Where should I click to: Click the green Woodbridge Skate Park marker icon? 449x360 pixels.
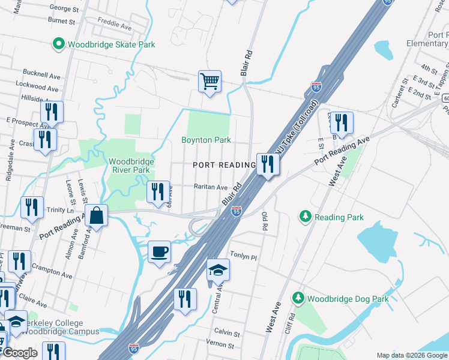pyautogui.click(x=59, y=44)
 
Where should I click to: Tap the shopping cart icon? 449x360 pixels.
pyautogui.click(x=209, y=81)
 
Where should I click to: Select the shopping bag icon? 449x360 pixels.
pyautogui.click(x=96, y=215)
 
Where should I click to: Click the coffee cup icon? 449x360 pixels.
pyautogui.click(x=159, y=251)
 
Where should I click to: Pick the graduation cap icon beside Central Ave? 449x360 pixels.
pyautogui.click(x=218, y=270)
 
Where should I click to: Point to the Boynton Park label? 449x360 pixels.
pyautogui.click(x=206, y=140)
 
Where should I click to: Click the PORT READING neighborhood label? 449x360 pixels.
pyautogui.click(x=224, y=165)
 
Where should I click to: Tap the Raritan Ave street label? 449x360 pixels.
pyautogui.click(x=210, y=187)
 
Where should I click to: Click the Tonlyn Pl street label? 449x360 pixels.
pyautogui.click(x=243, y=257)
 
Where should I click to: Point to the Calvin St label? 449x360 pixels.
pyautogui.click(x=228, y=332)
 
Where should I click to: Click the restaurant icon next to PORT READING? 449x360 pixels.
pyautogui.click(x=267, y=164)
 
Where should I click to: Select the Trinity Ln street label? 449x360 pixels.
pyautogui.click(x=59, y=210)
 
